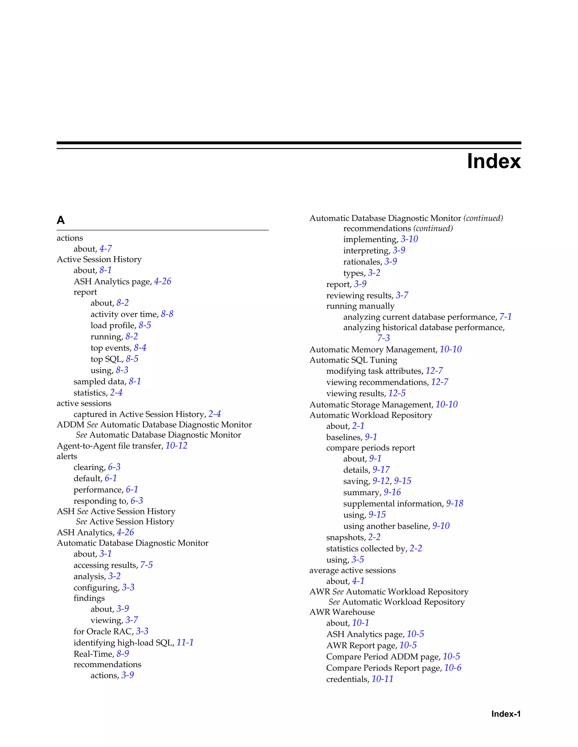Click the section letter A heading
point(61,220)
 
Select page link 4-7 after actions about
point(106,249)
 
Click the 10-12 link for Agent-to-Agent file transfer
point(176,446)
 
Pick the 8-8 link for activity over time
point(167,314)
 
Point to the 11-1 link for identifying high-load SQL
point(185,643)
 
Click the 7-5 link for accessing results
point(146,565)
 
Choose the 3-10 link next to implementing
point(409,239)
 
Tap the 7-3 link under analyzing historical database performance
point(384,338)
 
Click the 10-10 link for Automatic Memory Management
point(451,349)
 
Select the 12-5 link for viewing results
point(397,393)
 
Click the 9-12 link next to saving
point(381,481)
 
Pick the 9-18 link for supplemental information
point(454,503)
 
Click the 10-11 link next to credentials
point(382,679)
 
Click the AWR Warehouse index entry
point(342,612)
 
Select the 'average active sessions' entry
point(352,570)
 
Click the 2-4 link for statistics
point(116,393)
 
